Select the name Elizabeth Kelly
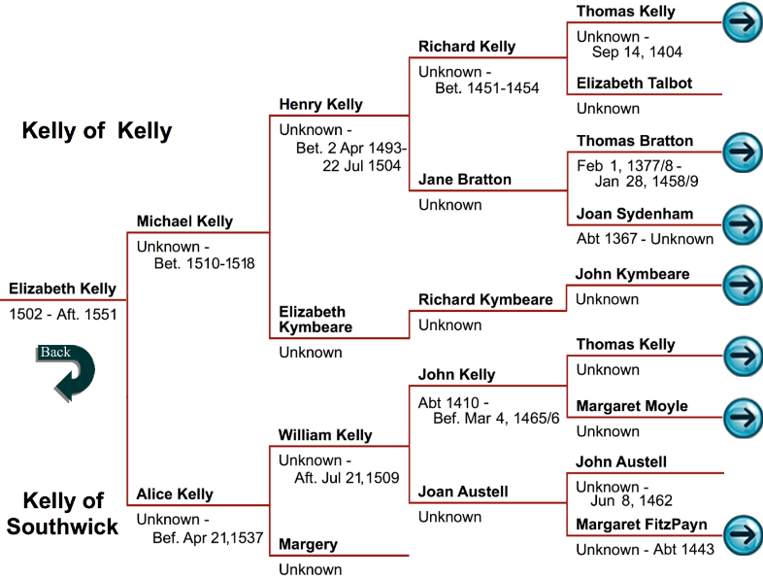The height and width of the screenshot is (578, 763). [x=63, y=289]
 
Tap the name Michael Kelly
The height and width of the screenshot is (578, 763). [x=184, y=221]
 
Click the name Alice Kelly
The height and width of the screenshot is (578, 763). [x=175, y=494]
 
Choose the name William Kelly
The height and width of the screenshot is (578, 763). [x=325, y=435]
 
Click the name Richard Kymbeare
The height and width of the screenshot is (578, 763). [x=485, y=299]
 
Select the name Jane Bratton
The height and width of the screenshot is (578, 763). [x=464, y=180]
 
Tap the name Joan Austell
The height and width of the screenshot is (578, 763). [x=463, y=492]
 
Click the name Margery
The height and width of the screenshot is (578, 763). [x=309, y=544]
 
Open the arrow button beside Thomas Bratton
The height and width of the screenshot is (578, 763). [x=743, y=152]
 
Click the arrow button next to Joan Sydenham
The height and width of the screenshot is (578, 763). [x=743, y=221]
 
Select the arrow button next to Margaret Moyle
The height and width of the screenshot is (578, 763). [x=743, y=415]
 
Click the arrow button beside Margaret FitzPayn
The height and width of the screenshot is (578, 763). [x=743, y=533]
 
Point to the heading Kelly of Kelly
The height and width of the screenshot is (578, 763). [x=97, y=131]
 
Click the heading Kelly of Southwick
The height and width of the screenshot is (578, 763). [x=63, y=515]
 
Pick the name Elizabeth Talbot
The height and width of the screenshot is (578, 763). [x=634, y=84]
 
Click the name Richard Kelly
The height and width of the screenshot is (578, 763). [x=467, y=47]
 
